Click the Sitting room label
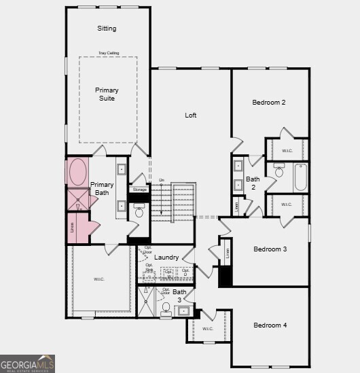click(107, 29)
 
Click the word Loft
click(191, 116)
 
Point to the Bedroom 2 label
click(269, 103)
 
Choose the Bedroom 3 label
click(270, 249)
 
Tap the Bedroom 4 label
click(270, 325)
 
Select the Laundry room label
click(166, 257)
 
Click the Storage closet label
click(140, 190)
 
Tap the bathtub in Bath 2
click(300, 177)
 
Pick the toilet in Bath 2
click(279, 171)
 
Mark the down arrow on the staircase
click(162, 181)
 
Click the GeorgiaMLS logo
click(28, 364)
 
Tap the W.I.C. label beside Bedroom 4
click(207, 329)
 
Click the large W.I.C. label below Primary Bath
click(99, 279)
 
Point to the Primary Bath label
click(102, 188)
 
